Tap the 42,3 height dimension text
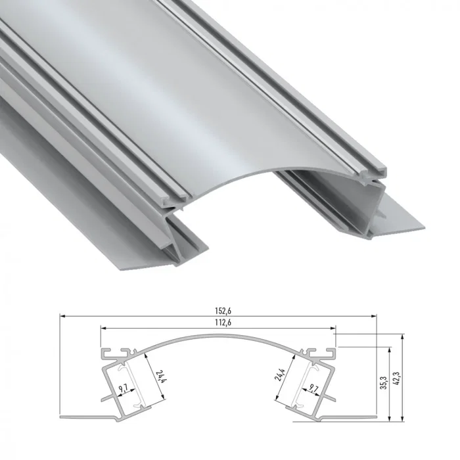[x=396, y=377]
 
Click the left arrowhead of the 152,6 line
[x=62, y=316]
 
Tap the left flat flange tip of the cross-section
[x=62, y=417]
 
